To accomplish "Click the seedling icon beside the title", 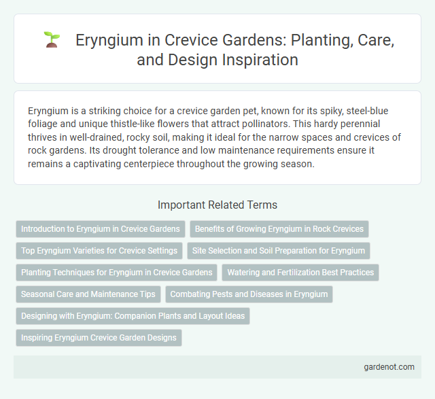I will [51, 40].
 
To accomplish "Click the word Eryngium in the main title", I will [109, 40].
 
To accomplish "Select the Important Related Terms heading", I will [217, 205].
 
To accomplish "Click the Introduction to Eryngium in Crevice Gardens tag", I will [100, 229].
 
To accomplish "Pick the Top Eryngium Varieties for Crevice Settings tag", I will [99, 251].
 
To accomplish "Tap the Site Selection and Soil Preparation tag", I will [279, 251].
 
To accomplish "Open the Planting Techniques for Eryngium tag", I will [116, 273].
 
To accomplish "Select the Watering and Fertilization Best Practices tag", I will [300, 273].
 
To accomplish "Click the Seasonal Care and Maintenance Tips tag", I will [88, 294].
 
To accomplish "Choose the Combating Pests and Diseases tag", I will [249, 294].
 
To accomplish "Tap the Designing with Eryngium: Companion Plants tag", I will [133, 316].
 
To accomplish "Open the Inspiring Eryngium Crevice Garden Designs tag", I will [99, 338].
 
